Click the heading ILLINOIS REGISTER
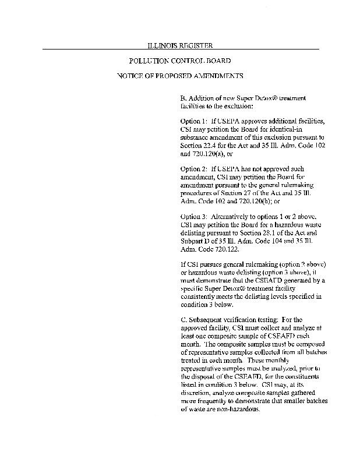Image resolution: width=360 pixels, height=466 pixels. [x=179, y=45]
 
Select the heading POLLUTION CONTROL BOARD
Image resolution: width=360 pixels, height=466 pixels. [x=179, y=61]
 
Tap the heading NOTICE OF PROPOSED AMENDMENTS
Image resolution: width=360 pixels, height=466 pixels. [x=179, y=76]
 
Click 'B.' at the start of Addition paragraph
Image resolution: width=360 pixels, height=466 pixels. [x=184, y=97]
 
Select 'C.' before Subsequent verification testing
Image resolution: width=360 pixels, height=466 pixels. [x=184, y=320]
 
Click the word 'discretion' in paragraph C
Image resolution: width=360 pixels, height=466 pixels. [x=199, y=392]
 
